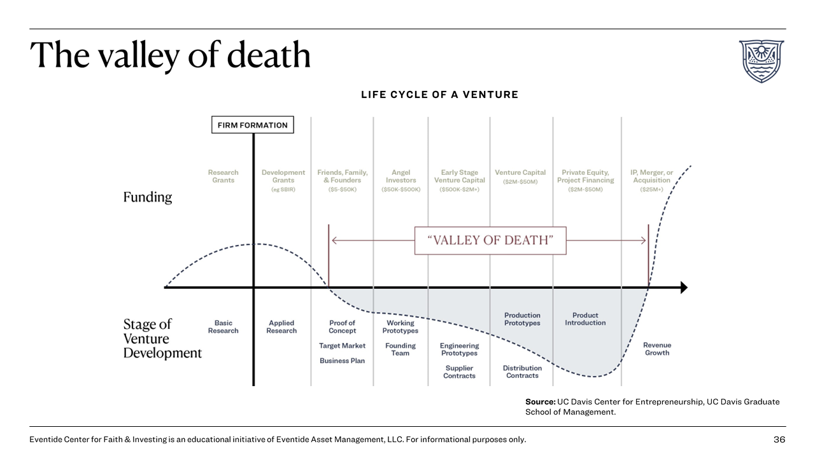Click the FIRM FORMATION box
(x=252, y=125)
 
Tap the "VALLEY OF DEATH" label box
(x=490, y=240)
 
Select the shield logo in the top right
(x=761, y=61)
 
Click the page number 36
(x=779, y=440)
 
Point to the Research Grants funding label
(x=223, y=176)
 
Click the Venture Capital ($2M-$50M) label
(x=520, y=176)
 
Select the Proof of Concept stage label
(x=342, y=327)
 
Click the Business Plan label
(x=343, y=361)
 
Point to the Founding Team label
(x=400, y=349)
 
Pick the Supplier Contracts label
(x=459, y=372)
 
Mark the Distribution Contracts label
(x=522, y=372)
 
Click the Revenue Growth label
(x=657, y=349)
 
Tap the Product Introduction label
(x=585, y=319)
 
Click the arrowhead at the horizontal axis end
(x=684, y=288)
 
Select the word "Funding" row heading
(x=148, y=197)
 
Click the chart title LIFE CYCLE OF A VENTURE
(x=439, y=95)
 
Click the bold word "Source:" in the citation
(x=540, y=402)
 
